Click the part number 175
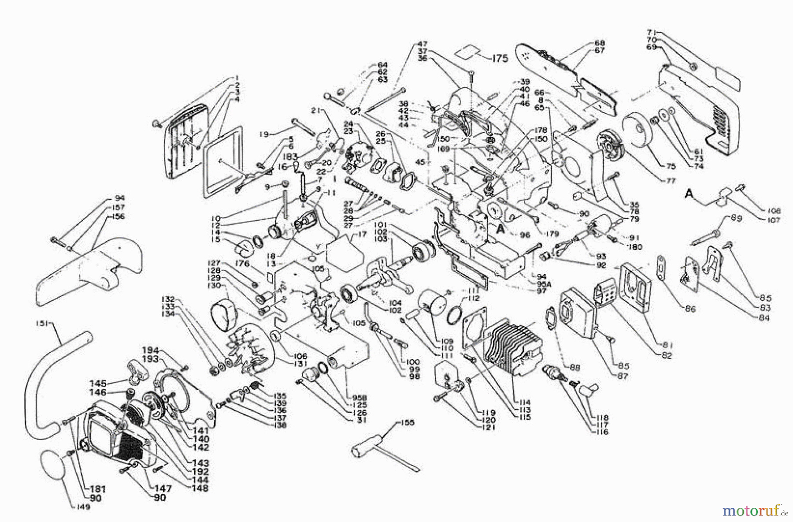click(500, 58)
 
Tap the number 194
click(150, 351)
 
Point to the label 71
click(652, 32)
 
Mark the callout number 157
click(118, 207)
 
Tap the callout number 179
click(552, 234)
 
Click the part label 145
click(98, 384)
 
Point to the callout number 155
click(408, 422)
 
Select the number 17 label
click(362, 235)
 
